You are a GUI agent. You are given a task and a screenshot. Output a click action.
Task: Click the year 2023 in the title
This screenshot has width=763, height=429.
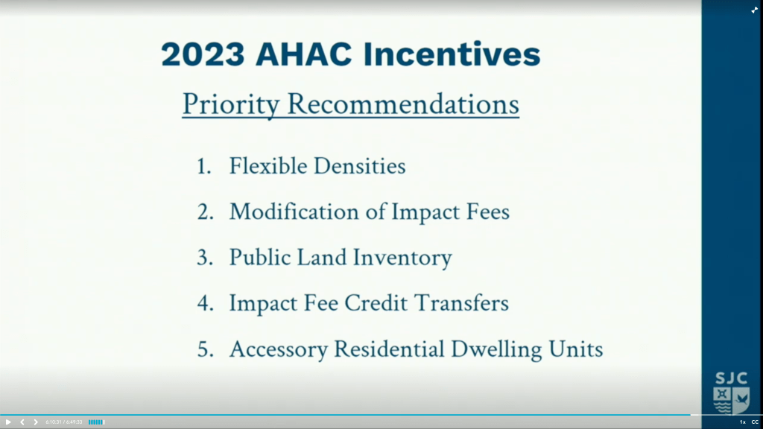[203, 54]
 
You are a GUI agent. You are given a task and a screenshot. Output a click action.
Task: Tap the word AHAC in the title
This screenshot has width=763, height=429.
[304, 54]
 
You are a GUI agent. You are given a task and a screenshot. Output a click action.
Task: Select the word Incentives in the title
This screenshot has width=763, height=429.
[452, 54]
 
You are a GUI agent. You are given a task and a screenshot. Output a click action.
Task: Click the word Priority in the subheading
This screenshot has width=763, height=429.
[231, 104]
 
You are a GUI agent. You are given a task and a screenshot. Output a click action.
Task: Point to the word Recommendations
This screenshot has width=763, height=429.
[403, 104]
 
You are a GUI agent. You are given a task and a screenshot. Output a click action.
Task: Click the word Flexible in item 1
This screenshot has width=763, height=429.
[268, 166]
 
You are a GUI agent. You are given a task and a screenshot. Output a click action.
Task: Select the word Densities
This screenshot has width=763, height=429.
[360, 166]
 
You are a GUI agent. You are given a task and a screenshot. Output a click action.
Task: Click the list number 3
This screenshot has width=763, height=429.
[204, 258]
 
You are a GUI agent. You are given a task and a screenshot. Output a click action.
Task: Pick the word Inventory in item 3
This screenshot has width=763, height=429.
[402, 258]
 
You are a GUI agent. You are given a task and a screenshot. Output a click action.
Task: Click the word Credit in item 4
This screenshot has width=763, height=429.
[376, 303]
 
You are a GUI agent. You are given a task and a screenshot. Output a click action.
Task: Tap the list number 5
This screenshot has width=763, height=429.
[205, 350]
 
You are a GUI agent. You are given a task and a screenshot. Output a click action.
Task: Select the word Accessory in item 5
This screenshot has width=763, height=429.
[279, 350]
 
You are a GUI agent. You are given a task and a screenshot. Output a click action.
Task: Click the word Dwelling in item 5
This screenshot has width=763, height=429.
[496, 349]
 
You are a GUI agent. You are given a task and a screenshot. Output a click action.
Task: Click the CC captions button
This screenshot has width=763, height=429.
[755, 422]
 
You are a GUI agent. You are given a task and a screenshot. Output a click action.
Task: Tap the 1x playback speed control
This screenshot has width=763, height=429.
[743, 422]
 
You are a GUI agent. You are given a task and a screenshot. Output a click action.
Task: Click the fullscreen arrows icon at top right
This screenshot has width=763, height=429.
[754, 10]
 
